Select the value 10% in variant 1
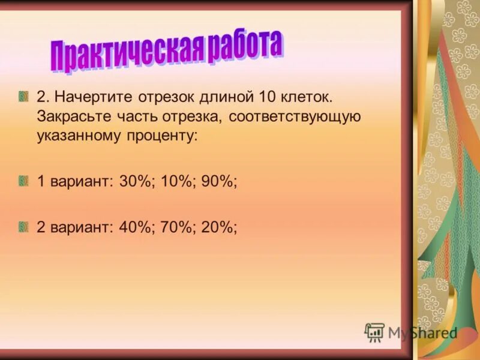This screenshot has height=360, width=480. tap(176, 181)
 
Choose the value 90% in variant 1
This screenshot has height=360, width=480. tap(217, 181)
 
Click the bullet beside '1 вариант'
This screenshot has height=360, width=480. tap(23, 181)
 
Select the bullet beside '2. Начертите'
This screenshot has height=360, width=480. tap(23, 96)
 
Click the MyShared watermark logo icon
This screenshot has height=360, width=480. tap(374, 332)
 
